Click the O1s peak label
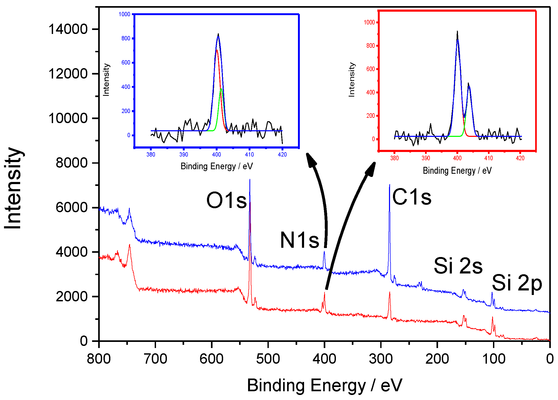click(226, 200)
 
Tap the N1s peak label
click(299, 240)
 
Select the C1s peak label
click(412, 197)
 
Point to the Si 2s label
click(458, 266)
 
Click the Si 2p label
click(517, 283)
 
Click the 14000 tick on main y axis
click(68, 29)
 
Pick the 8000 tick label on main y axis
click(71, 163)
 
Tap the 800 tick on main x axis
click(99, 359)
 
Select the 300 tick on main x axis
click(380, 359)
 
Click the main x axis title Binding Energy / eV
click(325, 385)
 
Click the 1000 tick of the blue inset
click(124, 14)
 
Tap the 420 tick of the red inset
click(520, 158)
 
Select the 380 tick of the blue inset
click(151, 154)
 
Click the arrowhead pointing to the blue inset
click(310, 159)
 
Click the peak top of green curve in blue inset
click(221, 89)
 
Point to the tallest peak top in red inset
click(457, 32)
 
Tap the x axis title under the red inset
click(457, 171)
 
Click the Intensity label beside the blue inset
click(106, 80)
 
